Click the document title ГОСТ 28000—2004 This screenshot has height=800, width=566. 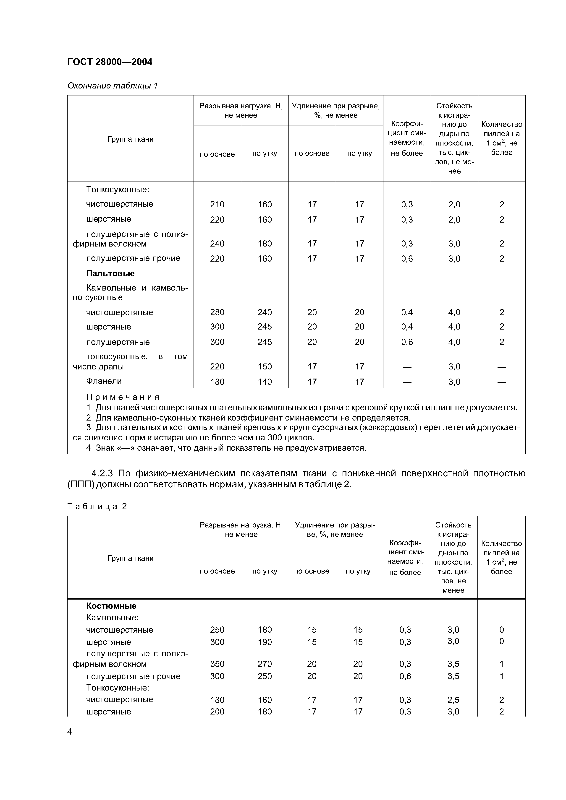click(110, 62)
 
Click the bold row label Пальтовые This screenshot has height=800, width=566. click(110, 273)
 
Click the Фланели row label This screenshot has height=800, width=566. click(104, 381)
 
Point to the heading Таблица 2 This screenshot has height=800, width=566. click(97, 507)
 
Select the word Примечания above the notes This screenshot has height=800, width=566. click(123, 397)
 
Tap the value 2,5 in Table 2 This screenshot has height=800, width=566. click(453, 700)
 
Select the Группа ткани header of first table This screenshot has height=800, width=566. click(130, 139)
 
